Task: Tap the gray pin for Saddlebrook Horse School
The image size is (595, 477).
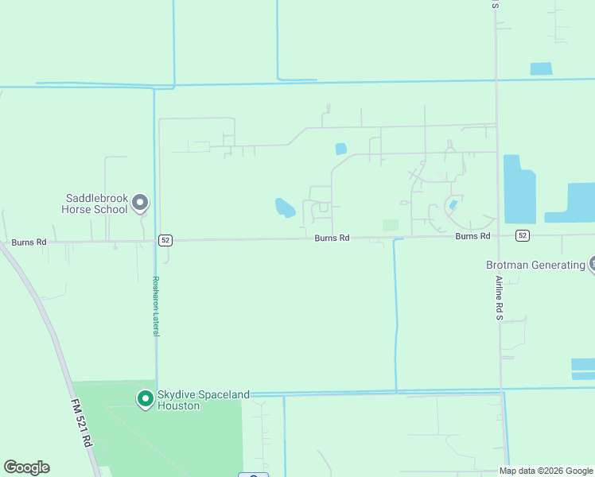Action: tap(140, 203)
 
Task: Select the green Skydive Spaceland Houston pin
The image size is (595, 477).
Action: tap(146, 397)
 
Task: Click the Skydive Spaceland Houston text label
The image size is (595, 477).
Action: tap(204, 399)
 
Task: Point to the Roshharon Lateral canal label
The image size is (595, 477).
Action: tap(156, 306)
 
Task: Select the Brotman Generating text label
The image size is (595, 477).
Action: tap(535, 265)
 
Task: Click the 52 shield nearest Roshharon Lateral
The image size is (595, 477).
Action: tap(165, 239)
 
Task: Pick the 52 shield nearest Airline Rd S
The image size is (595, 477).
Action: tap(522, 235)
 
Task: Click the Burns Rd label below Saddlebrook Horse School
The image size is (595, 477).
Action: tap(29, 242)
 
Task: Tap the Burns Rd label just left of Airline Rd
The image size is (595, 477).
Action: tap(472, 236)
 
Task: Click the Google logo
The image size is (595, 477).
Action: tap(26, 467)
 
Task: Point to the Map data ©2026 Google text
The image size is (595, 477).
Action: tap(546, 471)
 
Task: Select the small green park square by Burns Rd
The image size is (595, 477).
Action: tap(390, 225)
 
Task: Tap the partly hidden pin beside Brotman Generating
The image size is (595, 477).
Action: tap(592, 264)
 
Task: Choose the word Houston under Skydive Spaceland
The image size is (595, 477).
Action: tap(179, 405)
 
